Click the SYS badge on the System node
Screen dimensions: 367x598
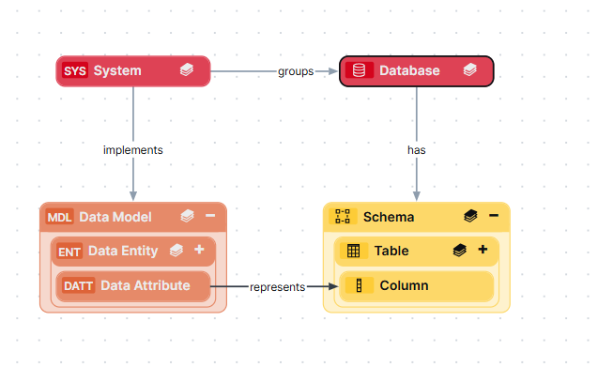coord(73,70)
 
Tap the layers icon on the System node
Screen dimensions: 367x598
coord(187,70)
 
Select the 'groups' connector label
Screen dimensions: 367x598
coord(296,71)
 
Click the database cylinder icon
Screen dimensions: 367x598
coord(355,70)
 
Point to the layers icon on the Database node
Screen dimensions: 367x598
coord(469,70)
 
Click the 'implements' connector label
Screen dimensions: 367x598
coord(132,149)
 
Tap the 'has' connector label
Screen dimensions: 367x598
coord(417,149)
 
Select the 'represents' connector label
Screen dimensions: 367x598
coord(277,287)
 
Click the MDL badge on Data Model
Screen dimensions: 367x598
coord(60,217)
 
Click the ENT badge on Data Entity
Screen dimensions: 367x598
coord(69,251)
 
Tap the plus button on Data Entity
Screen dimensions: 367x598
coord(199,251)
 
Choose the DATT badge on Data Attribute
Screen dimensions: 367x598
coord(79,285)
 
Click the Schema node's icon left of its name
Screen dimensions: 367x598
coord(343,217)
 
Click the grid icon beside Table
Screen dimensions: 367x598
coord(353,251)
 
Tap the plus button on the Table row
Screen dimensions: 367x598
coord(483,251)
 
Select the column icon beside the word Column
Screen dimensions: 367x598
coord(358,285)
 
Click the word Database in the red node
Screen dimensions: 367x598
coord(409,70)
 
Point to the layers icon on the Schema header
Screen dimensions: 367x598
coord(470,217)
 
